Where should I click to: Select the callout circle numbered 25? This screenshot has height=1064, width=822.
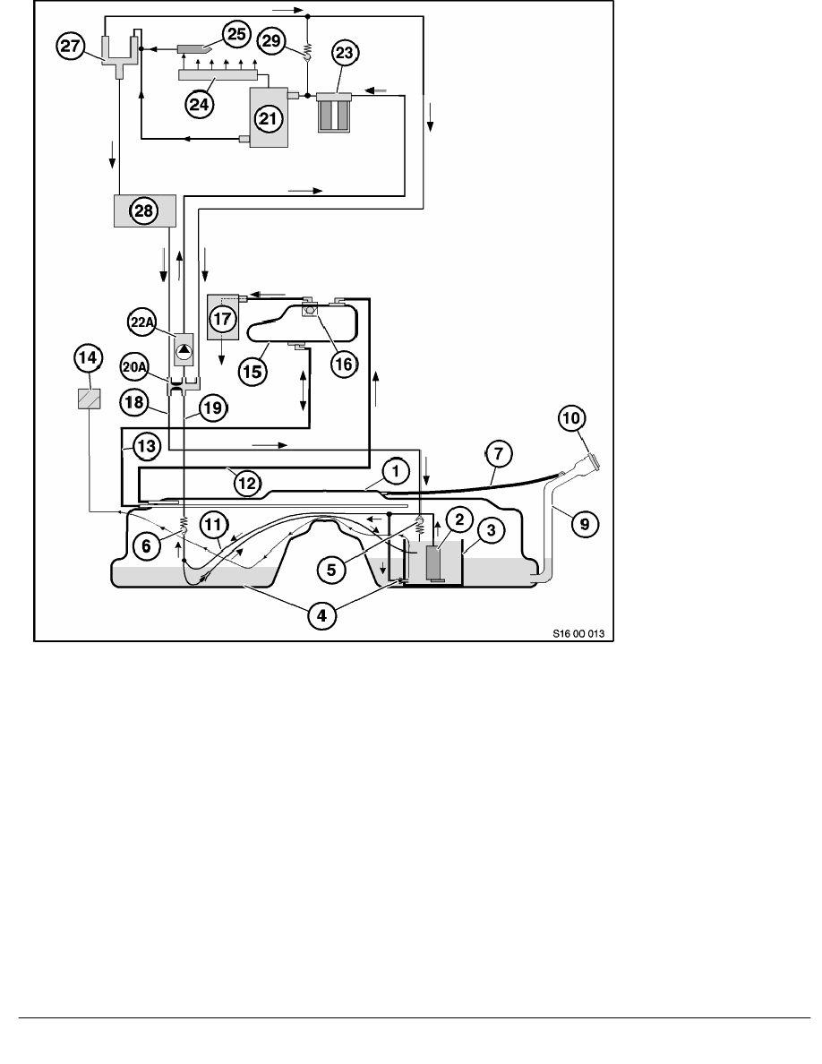(x=236, y=35)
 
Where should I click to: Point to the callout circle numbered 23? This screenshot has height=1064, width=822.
(x=345, y=52)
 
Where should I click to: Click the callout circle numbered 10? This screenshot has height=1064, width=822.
(x=572, y=418)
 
